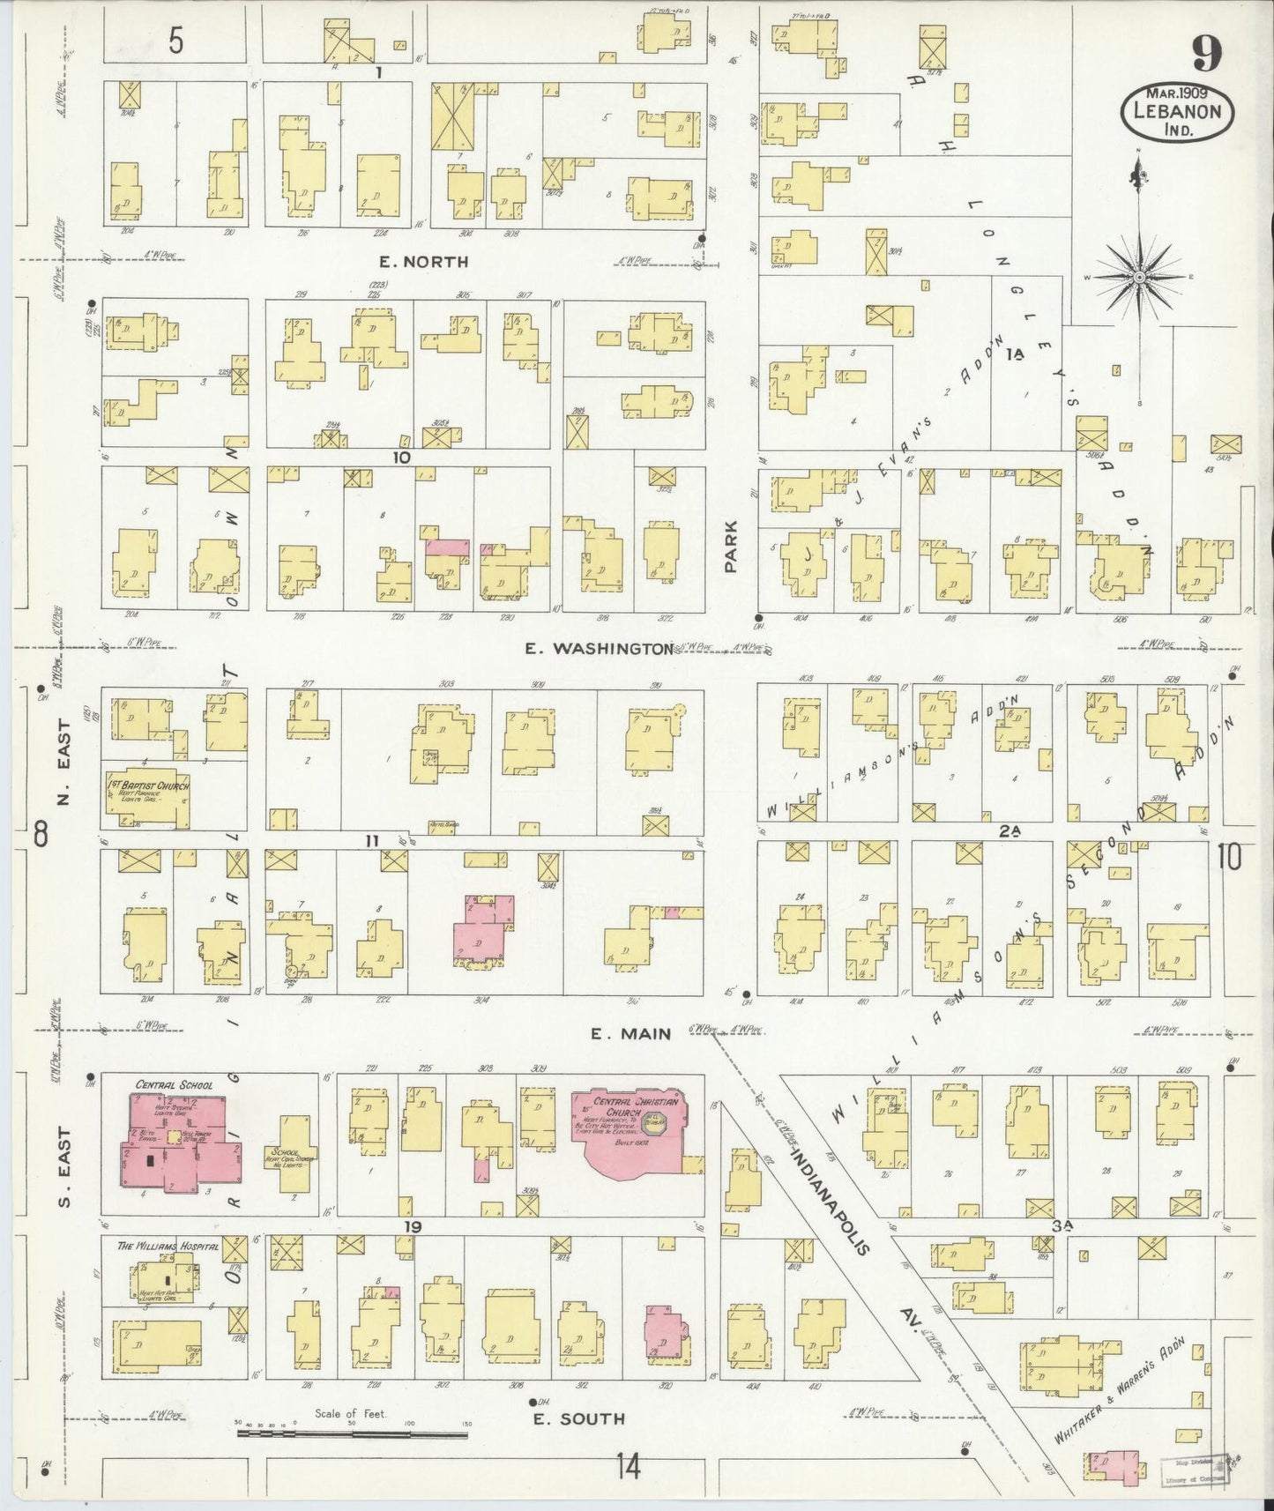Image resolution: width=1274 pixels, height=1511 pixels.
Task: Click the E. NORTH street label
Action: [x=423, y=262]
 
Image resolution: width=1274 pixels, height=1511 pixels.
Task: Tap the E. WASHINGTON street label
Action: [x=600, y=649]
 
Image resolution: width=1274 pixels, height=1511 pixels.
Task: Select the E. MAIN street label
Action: [x=631, y=1033]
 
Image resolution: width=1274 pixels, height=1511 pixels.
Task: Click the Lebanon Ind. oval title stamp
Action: [x=1177, y=112]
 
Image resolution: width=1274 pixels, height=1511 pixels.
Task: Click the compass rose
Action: [x=1138, y=276]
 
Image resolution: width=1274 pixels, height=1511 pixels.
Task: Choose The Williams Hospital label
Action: [x=155, y=1247]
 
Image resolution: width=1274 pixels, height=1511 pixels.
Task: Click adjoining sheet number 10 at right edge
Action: [x=1230, y=856]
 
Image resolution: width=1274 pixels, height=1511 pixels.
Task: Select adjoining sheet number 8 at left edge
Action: [x=41, y=834]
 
